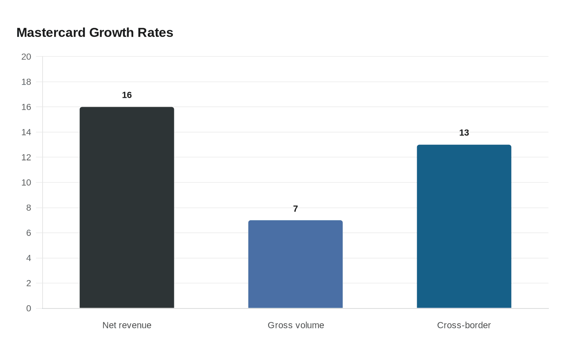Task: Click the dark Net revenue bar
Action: (x=127, y=207)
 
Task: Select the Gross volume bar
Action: (x=296, y=264)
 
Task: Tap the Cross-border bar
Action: (x=464, y=226)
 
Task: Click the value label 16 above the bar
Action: (x=127, y=95)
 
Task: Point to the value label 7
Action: (x=296, y=209)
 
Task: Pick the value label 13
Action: (x=464, y=133)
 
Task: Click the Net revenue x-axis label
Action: (x=127, y=325)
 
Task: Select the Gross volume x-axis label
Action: (x=296, y=325)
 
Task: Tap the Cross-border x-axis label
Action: (x=464, y=325)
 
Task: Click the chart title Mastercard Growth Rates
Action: (x=95, y=32)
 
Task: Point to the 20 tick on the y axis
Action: (x=26, y=57)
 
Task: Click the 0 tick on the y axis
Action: (x=29, y=308)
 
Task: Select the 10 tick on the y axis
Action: (x=26, y=182)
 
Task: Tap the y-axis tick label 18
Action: (x=26, y=82)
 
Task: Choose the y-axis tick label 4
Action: (x=29, y=258)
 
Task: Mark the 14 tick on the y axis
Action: (x=26, y=132)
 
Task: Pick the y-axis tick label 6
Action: (x=29, y=233)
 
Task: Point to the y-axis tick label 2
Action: (x=29, y=283)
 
